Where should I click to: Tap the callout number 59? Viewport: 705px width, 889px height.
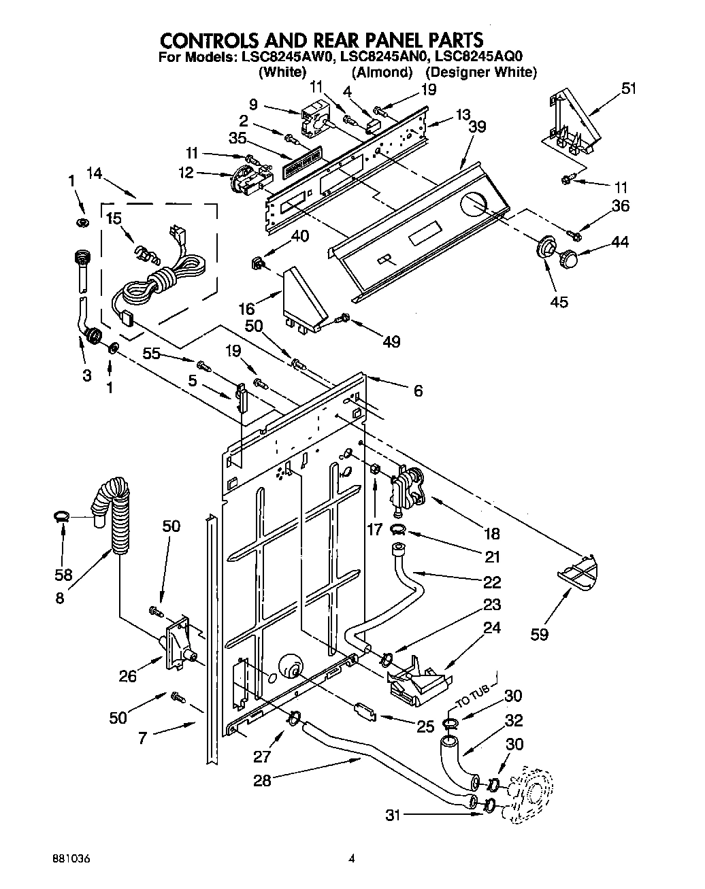[x=540, y=635]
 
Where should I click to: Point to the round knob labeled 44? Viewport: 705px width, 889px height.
[x=568, y=258]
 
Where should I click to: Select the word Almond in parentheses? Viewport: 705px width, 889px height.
[x=382, y=72]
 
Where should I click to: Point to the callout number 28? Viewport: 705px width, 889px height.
[x=261, y=781]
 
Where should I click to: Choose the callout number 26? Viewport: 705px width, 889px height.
[x=127, y=675]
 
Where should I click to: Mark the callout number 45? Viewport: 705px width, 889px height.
[x=559, y=301]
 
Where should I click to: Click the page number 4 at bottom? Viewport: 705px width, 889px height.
[x=352, y=859]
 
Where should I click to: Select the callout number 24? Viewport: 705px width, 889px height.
[x=491, y=628]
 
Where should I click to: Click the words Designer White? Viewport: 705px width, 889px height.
[x=481, y=72]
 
